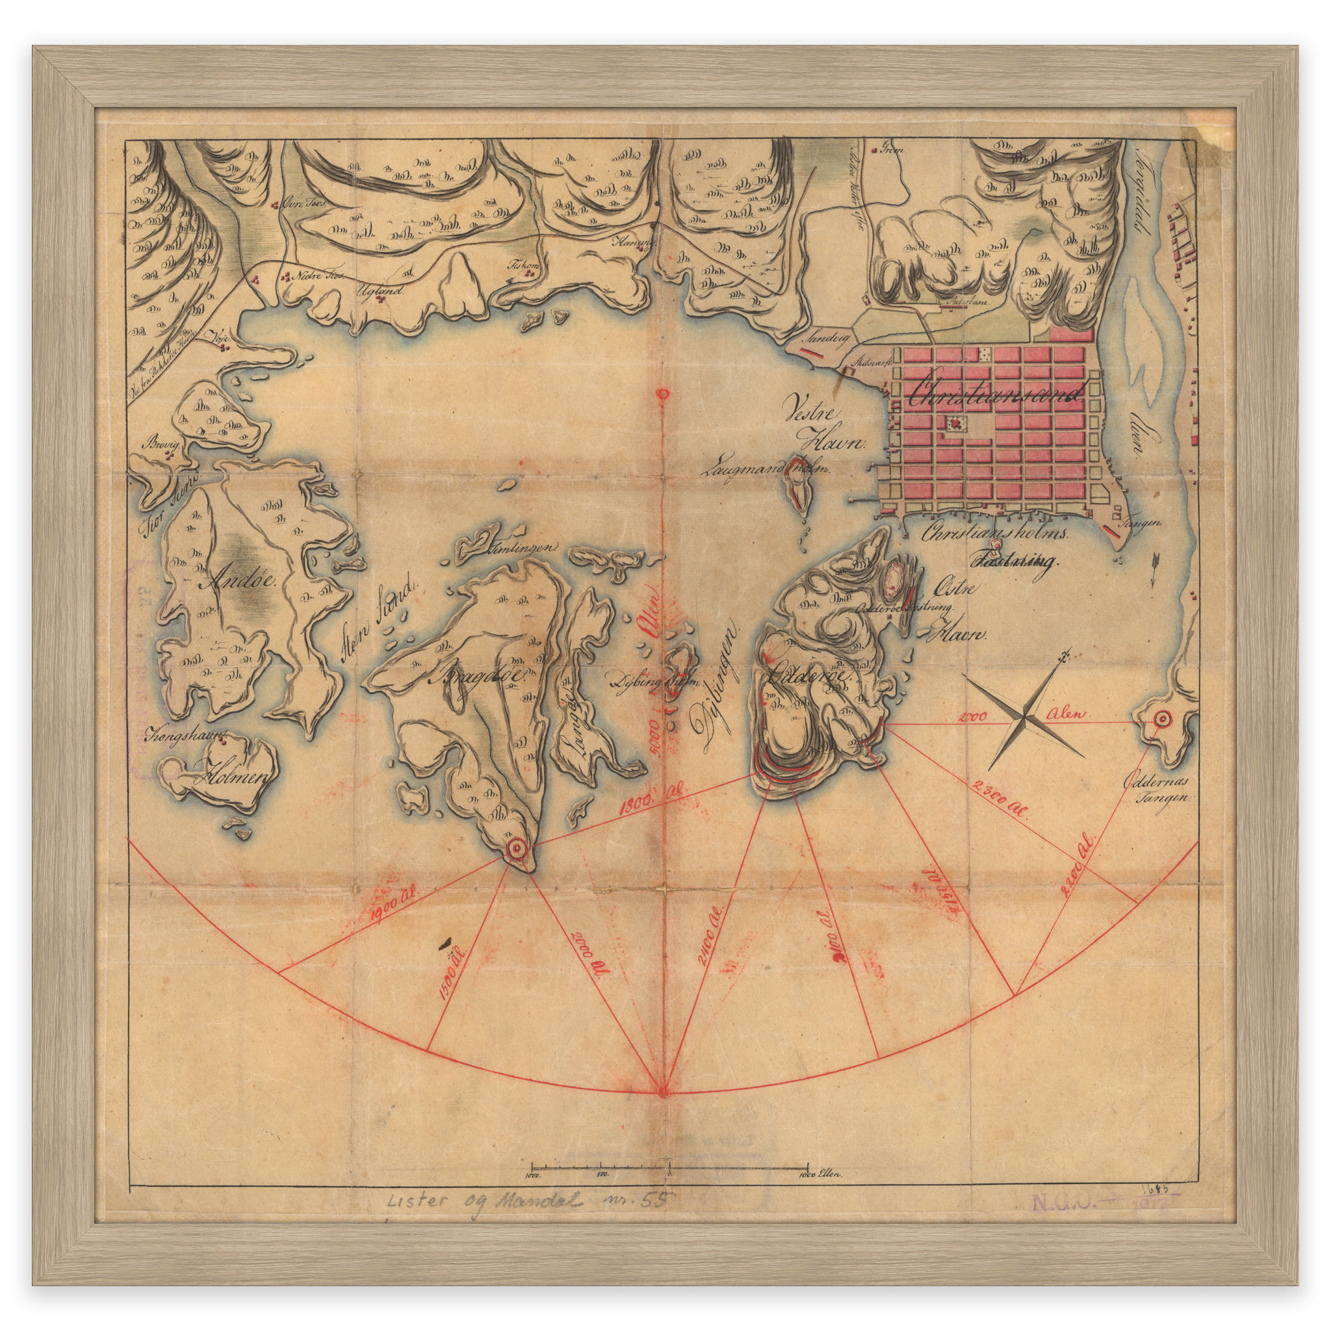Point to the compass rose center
[1024, 719]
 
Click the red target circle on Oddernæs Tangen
[1161, 719]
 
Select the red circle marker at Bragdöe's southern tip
[516, 849]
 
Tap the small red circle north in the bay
[663, 394]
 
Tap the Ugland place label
[378, 290]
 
